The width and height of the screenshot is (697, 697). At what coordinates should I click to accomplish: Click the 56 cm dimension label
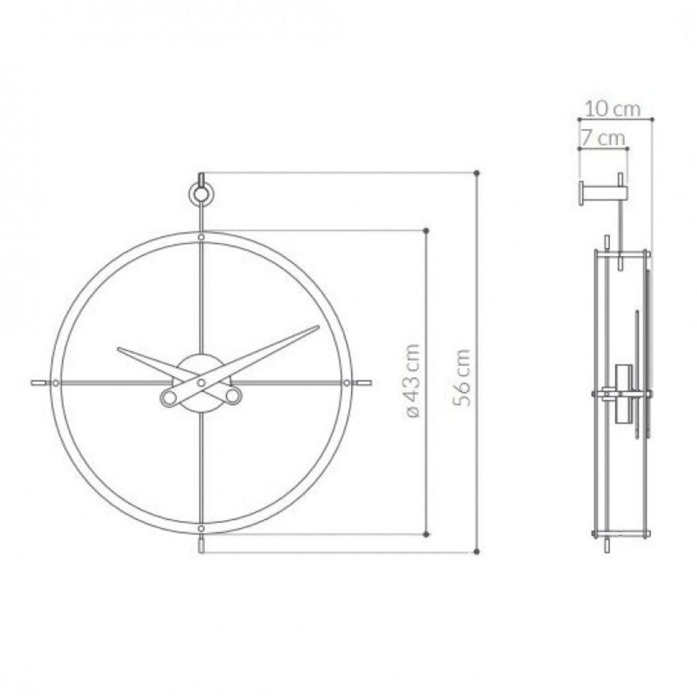pos(463,378)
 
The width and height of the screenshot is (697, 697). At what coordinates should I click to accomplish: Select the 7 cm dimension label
pos(602,138)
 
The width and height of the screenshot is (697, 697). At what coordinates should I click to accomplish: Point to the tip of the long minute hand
pos(317,328)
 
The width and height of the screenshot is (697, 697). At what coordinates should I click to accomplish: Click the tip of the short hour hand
pos(120,351)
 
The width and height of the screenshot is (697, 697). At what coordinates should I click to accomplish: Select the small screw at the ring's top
pos(201,237)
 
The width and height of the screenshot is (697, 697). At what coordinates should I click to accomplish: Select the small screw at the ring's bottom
pos(201,528)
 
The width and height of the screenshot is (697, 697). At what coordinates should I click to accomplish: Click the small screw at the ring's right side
pos(347,383)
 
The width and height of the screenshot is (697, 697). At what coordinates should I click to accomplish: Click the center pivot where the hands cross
pos(201,383)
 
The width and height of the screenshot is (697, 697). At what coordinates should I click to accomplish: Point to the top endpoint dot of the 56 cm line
pos(476,174)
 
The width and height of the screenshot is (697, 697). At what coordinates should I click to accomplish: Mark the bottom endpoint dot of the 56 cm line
pos(476,551)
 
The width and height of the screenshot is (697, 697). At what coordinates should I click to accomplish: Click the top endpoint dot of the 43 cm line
pos(426,231)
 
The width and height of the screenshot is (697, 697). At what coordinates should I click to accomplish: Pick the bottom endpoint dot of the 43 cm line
pos(426,534)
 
